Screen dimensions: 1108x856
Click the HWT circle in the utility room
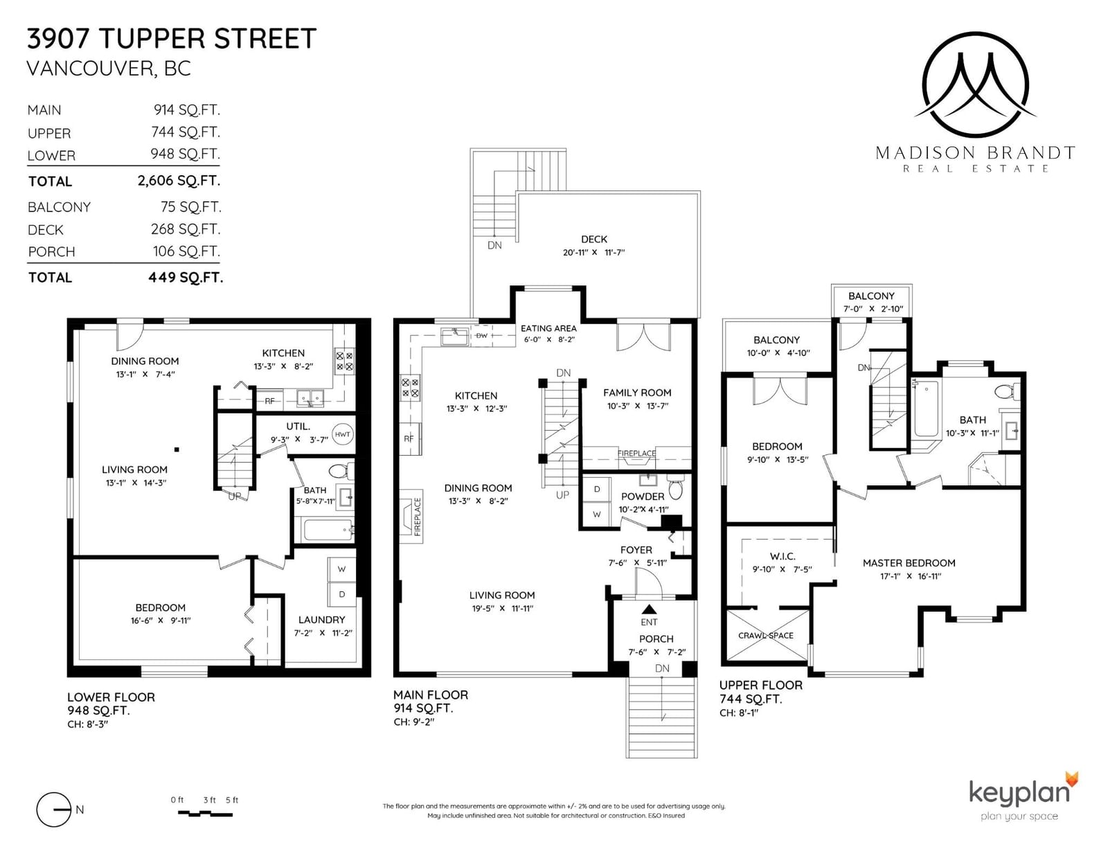[342, 434]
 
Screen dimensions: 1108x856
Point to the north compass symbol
[54, 810]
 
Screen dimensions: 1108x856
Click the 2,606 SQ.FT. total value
[179, 181]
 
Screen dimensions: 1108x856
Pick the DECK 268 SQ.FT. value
[186, 229]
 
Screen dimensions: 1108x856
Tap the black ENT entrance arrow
[649, 609]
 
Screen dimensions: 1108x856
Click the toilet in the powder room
[675, 488]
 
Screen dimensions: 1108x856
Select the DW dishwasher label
[481, 335]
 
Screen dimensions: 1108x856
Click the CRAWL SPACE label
[766, 635]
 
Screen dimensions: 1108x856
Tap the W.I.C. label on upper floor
[782, 556]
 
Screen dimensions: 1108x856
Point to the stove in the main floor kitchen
[410, 387]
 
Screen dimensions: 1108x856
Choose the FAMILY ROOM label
[637, 393]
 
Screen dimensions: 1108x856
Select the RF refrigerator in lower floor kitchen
[270, 401]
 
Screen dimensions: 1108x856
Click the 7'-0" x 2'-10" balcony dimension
[873, 309]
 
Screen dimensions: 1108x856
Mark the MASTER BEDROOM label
[909, 563]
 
